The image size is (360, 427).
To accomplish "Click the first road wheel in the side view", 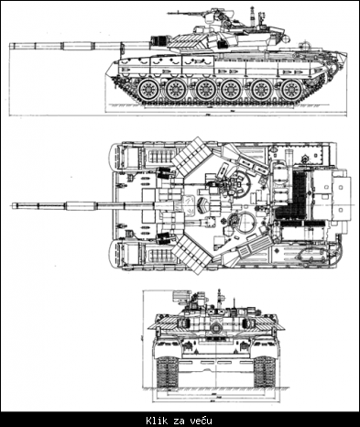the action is (147, 90).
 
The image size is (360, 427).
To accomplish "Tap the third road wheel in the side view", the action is (205, 90).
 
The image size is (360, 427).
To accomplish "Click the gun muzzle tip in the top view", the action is (14, 204).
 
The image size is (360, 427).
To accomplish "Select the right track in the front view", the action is (264, 370).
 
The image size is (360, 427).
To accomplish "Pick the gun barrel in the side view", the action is (64, 43).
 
